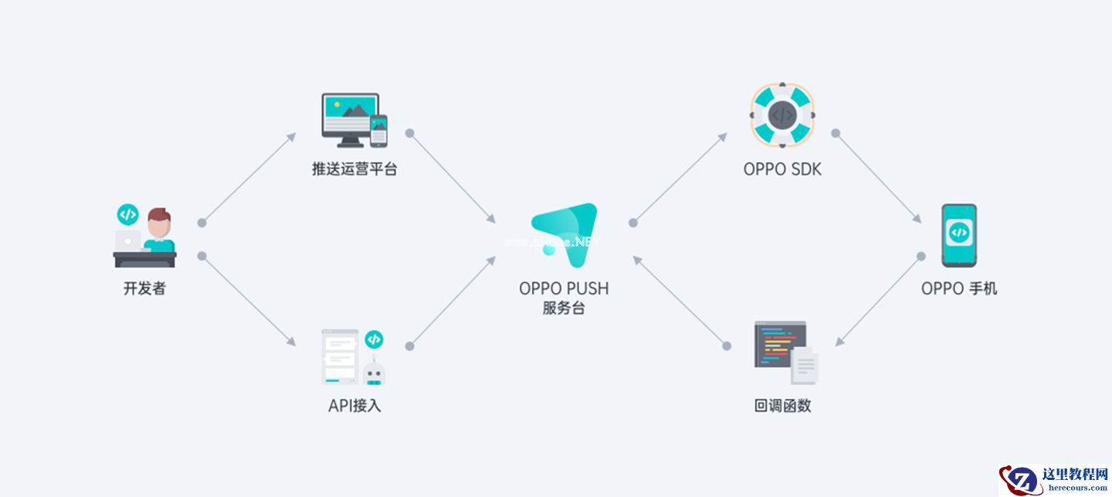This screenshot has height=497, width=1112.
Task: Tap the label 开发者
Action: [144, 289]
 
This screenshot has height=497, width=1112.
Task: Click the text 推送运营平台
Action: [354, 169]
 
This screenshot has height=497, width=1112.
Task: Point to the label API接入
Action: [354, 406]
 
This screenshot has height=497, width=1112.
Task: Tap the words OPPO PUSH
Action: [564, 288]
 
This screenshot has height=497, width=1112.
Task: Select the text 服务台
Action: [564, 308]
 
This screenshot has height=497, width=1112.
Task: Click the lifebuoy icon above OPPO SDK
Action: [781, 115]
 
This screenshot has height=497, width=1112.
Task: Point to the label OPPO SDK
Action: [782, 169]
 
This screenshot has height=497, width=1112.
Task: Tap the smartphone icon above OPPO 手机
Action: [958, 235]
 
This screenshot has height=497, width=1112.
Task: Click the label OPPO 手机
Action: [959, 289]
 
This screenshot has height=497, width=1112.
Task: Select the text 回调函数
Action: [782, 406]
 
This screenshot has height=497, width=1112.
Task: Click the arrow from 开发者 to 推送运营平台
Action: [248, 178]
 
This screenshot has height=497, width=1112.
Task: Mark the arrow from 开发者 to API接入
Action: [248, 300]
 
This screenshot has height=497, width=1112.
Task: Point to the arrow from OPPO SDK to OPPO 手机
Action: [877, 178]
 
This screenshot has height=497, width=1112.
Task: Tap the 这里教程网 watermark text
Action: [1075, 474]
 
